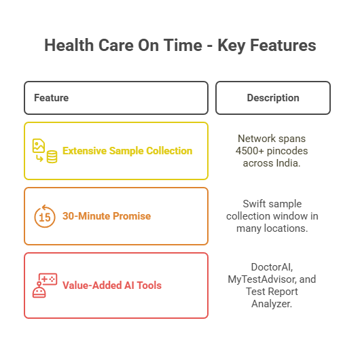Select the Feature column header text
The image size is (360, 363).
(x=51, y=98)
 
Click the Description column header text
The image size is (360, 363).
(x=273, y=98)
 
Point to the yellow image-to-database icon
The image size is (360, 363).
(x=44, y=151)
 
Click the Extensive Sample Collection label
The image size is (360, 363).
(x=127, y=151)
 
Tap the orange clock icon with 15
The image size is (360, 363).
(x=45, y=216)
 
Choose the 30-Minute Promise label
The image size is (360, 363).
(x=107, y=216)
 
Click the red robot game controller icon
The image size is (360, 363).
(x=45, y=286)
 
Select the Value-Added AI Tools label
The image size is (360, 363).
(x=112, y=286)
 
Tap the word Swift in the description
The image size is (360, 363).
(x=255, y=203)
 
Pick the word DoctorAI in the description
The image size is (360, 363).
(x=271, y=267)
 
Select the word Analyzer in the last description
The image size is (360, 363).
(x=272, y=305)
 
